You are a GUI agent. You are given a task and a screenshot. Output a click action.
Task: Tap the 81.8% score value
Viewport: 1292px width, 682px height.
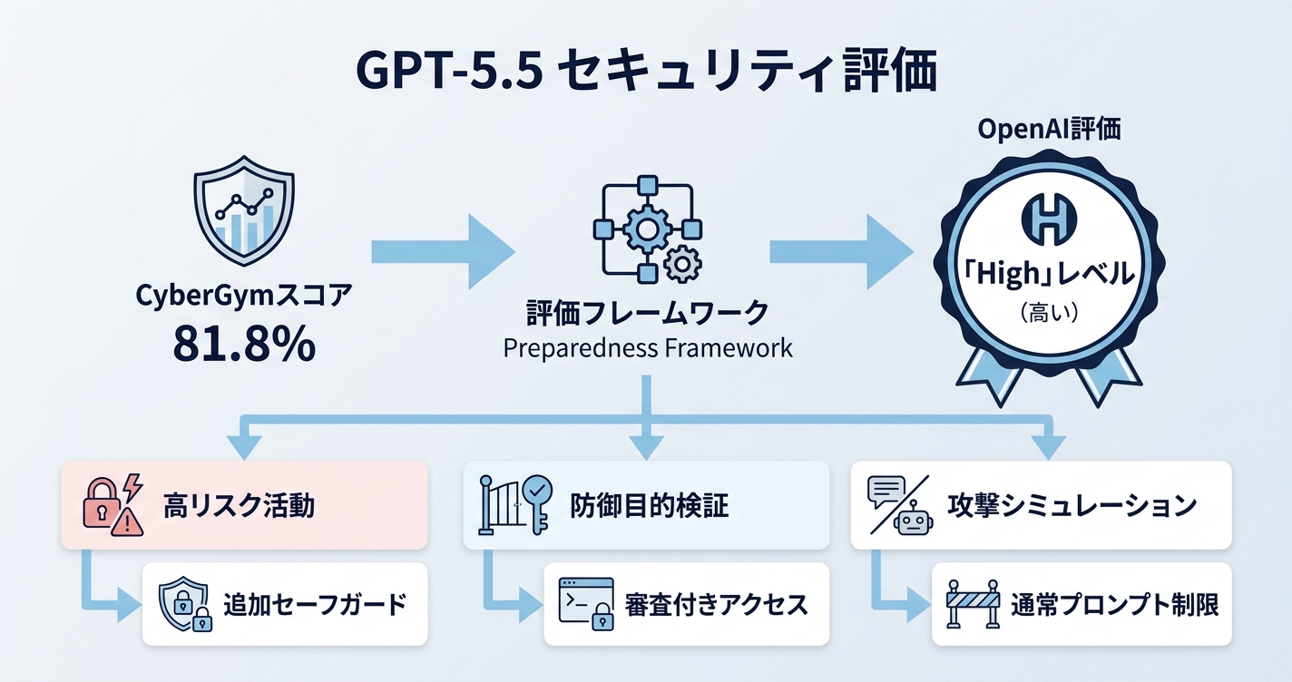click(x=244, y=345)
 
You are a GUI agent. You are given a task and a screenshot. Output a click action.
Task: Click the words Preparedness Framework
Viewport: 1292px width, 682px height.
click(x=648, y=348)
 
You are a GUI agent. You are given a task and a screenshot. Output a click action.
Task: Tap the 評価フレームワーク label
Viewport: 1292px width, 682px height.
click(x=648, y=314)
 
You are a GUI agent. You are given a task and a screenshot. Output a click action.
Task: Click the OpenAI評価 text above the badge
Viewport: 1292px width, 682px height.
click(x=1050, y=130)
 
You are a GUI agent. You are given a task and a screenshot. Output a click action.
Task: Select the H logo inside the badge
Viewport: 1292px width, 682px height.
click(x=1049, y=220)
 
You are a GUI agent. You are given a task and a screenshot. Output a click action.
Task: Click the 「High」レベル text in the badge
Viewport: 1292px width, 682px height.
click(x=1049, y=274)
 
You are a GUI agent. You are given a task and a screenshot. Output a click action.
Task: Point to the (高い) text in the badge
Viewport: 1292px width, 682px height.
click(x=1049, y=313)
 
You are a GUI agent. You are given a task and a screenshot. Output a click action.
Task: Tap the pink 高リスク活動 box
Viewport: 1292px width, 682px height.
click(x=243, y=505)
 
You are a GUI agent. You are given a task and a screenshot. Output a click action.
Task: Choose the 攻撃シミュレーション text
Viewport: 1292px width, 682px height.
click(x=1071, y=505)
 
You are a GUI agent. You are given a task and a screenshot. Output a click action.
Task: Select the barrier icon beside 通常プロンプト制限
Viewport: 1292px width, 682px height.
click(x=972, y=604)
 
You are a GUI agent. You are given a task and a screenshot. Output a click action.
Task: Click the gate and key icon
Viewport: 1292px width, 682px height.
click(x=513, y=505)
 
